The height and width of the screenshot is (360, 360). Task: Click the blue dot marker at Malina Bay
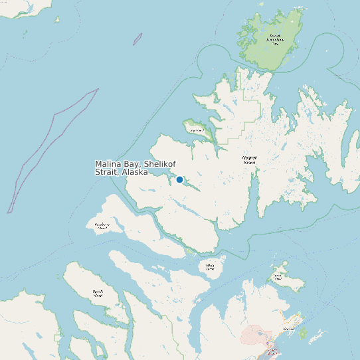(x=179, y=179)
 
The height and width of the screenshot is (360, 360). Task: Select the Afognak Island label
(x=249, y=159)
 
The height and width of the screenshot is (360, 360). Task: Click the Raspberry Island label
(x=102, y=226)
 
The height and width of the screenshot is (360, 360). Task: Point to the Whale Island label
(x=211, y=267)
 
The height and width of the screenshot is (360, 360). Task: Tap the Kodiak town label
(x=289, y=329)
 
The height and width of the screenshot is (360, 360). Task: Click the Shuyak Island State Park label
(x=274, y=39)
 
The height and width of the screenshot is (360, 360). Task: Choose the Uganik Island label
(x=98, y=292)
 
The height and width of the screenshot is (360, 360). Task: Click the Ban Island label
(x=196, y=131)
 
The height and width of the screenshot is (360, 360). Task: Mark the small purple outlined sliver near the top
(x=137, y=39)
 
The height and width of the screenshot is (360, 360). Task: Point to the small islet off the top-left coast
(x=57, y=19)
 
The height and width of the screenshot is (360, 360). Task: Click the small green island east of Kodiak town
(x=304, y=333)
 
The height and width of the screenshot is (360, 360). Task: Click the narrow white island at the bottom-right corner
(x=318, y=337)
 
